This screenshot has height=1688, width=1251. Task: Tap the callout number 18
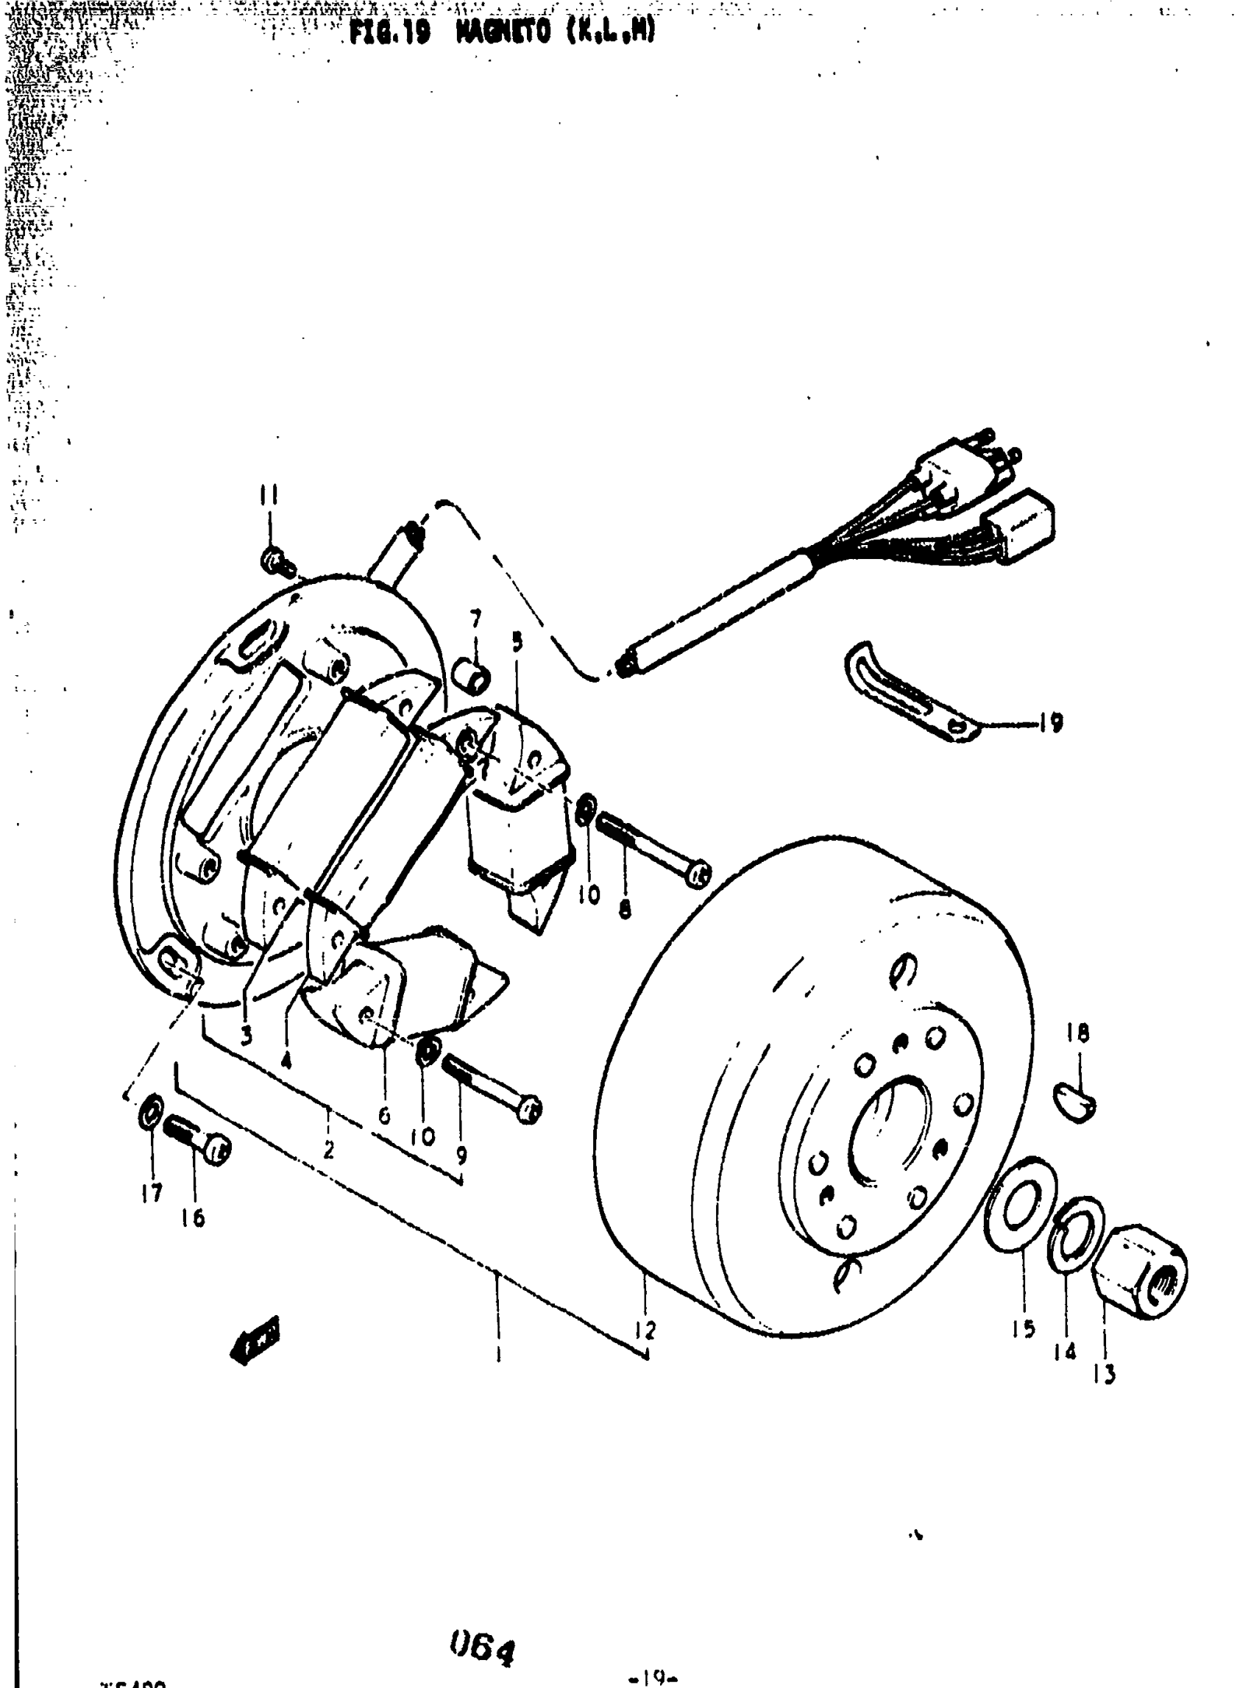(1077, 1032)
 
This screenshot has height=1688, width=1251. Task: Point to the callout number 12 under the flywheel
(645, 1329)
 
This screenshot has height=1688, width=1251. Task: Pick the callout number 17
(152, 1194)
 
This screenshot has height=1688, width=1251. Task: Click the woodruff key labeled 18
(1076, 1101)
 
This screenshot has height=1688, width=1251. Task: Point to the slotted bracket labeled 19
(905, 695)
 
